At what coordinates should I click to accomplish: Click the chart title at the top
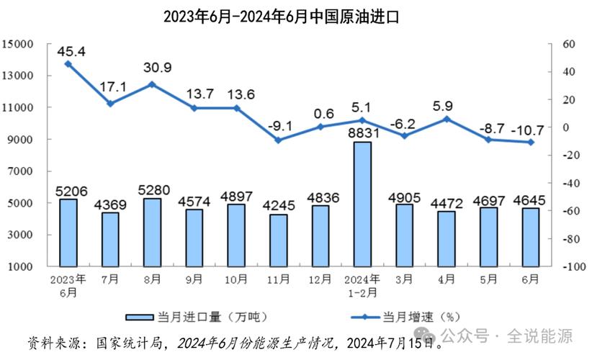[x=296, y=16]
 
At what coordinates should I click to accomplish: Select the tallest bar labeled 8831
[x=362, y=204]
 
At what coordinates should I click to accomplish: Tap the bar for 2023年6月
[x=68, y=233]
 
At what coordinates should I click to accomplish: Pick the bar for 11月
[x=278, y=240]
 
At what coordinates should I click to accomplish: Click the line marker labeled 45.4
[x=68, y=63]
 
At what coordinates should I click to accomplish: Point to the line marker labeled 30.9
[x=152, y=84]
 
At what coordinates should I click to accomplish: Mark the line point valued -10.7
[x=531, y=142]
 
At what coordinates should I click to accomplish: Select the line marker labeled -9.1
[x=278, y=140]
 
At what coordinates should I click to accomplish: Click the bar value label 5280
[x=152, y=190]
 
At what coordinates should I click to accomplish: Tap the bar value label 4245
[x=278, y=206]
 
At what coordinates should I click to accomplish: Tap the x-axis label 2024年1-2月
[x=362, y=285]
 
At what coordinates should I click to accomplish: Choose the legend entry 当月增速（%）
[x=411, y=316]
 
